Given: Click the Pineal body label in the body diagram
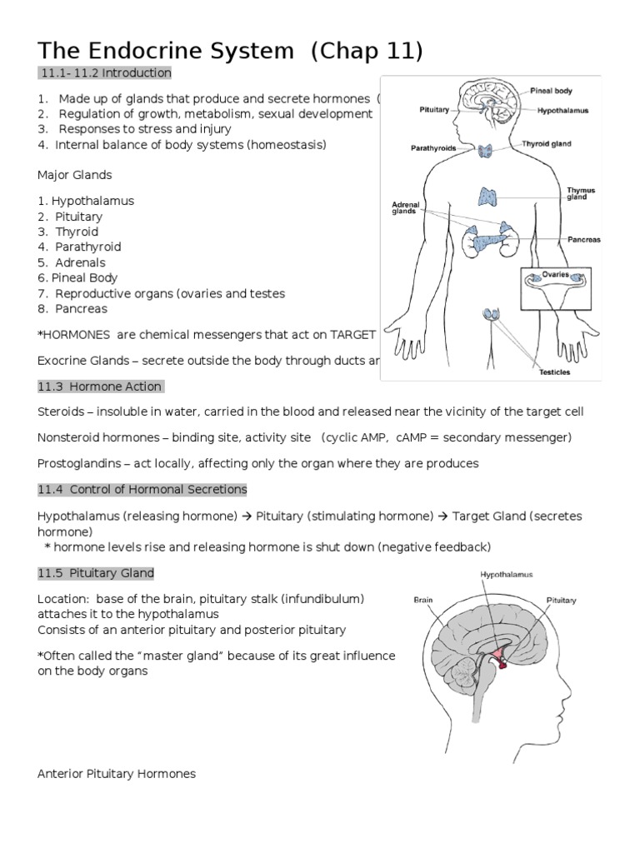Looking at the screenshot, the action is pos(551,90).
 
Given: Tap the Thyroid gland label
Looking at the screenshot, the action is pos(547,143).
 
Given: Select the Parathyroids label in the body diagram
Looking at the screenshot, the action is pos(432,150).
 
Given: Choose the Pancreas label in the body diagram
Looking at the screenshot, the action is pos(583,239).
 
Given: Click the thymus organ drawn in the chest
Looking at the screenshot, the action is pos(487,197).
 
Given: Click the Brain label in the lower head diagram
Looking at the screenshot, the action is pos(423,600).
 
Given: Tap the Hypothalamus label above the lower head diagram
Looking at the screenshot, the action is pos(506,574).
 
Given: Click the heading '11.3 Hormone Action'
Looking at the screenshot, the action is pos(100,386).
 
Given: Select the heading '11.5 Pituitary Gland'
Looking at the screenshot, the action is pos(96,574).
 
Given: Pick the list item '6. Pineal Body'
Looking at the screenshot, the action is pos(77,277).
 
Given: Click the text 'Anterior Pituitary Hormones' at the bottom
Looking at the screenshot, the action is pos(117,774).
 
